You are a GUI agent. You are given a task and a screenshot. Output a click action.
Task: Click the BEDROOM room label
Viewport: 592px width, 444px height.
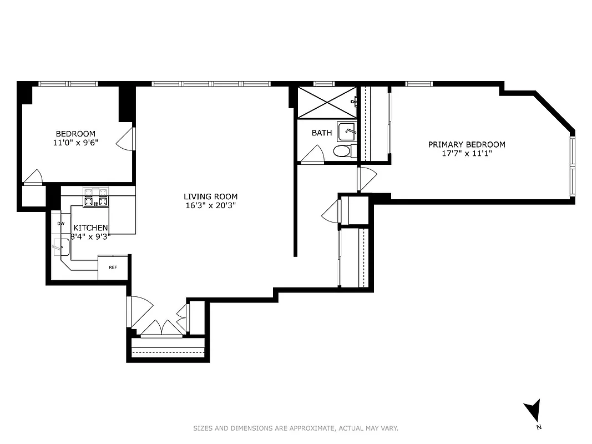[75, 134]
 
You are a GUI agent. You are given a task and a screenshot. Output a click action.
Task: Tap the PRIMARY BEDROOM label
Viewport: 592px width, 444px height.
[467, 144]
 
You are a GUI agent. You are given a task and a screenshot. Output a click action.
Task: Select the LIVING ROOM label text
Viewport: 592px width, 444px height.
[211, 196]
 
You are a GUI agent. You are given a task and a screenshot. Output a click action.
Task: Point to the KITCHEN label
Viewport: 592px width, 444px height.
[90, 228]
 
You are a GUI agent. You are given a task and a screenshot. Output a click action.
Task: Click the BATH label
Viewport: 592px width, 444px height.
[322, 133]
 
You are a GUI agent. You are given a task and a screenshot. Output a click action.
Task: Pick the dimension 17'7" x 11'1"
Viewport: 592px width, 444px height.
[467, 153]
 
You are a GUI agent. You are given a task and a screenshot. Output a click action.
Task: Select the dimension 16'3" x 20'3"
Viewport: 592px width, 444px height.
[211, 205]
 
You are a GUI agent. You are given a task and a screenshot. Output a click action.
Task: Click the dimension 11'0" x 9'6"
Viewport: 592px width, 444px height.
[75, 142]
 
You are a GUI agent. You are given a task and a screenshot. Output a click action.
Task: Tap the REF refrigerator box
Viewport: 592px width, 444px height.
[113, 268]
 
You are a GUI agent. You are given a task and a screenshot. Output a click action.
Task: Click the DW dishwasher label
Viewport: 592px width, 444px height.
[60, 224]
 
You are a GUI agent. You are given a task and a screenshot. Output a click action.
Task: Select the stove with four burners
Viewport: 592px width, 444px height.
[95, 198]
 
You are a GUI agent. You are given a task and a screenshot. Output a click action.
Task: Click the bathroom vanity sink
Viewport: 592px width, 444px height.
[346, 132]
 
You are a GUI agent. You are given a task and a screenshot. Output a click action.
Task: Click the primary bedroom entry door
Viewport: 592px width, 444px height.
[367, 178]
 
